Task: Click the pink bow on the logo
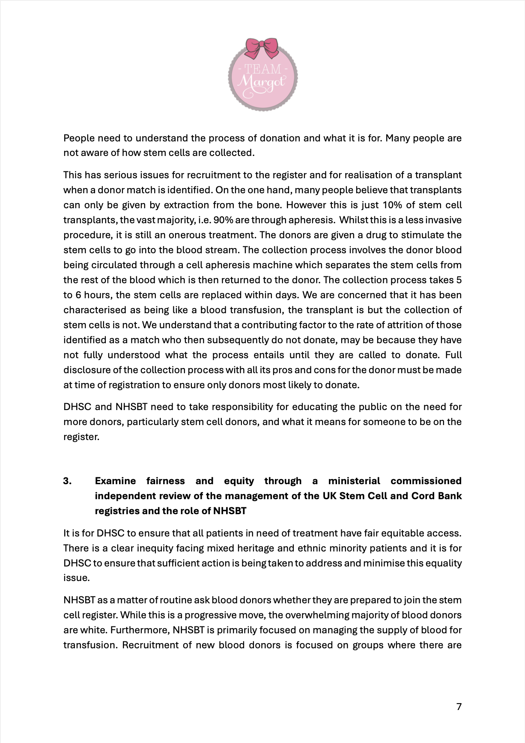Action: pos(262,47)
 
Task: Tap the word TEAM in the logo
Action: pos(262,69)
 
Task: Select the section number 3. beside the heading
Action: pos(67,481)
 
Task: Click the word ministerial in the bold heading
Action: pos(354,481)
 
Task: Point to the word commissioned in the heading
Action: pos(426,481)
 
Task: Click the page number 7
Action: pos(459,707)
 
